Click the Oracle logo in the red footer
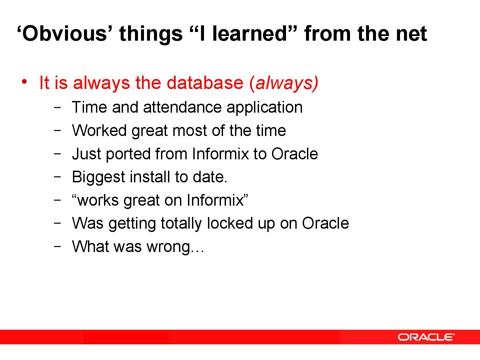426,337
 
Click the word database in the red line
205,83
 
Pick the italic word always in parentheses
285,83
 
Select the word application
264,108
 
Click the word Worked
99,130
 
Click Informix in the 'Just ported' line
220,154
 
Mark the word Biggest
98,177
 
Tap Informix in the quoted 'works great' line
215,200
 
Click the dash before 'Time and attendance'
57,107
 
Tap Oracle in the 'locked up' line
325,223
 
